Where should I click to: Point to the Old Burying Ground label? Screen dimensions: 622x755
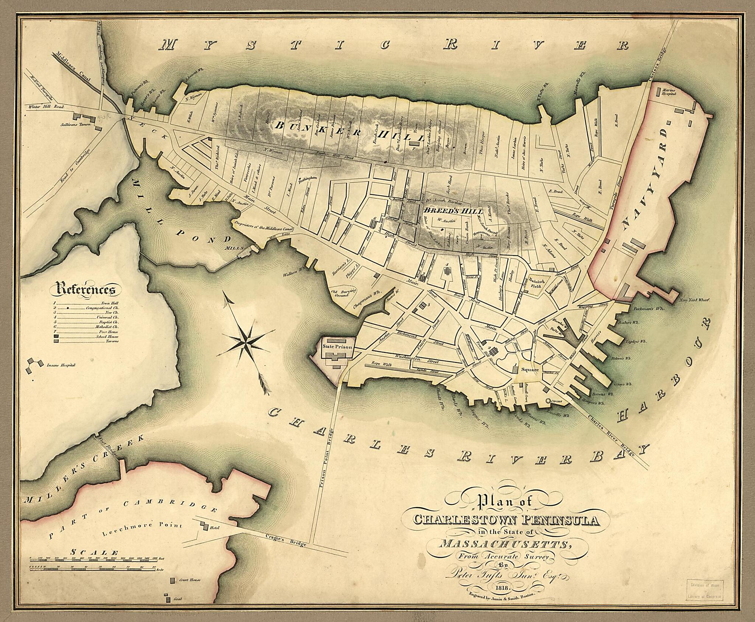coord(343,293)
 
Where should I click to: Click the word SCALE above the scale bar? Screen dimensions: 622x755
coord(94,553)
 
